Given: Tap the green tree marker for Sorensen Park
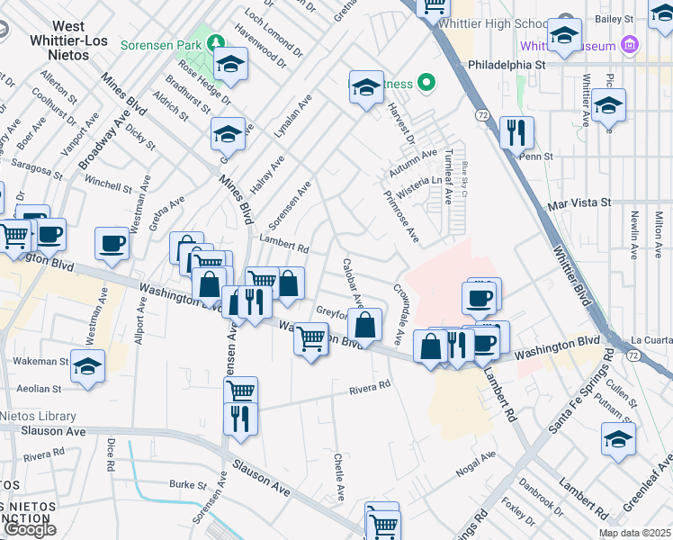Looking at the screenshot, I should [216, 42].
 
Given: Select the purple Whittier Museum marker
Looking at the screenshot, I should [630, 45].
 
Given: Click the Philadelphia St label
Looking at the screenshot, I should [507, 66].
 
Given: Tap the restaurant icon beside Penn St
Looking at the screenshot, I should [516, 133].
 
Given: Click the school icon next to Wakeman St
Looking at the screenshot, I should [88, 367].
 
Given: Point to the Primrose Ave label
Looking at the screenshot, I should [401, 216].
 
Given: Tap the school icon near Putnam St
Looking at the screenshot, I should [618, 439].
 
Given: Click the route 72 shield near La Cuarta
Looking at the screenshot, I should [634, 357].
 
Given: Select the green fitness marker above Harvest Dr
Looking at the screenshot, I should [428, 84].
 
